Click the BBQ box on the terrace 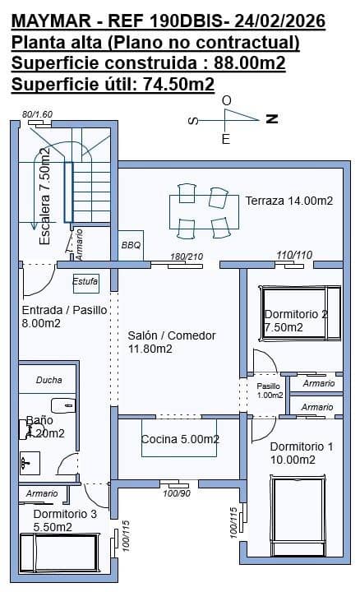point(132,245)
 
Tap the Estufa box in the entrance point(85,282)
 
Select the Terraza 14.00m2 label point(288,201)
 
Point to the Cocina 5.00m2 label point(180,439)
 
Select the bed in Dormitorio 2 point(299,312)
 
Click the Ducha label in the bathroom point(49,380)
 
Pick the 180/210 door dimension point(186,257)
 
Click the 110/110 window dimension point(294,255)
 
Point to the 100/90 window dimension point(177,493)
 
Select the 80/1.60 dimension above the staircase point(37,114)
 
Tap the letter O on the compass point(227,100)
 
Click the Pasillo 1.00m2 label point(269,390)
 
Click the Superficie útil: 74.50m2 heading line point(113,83)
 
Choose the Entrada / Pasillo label point(53,317)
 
